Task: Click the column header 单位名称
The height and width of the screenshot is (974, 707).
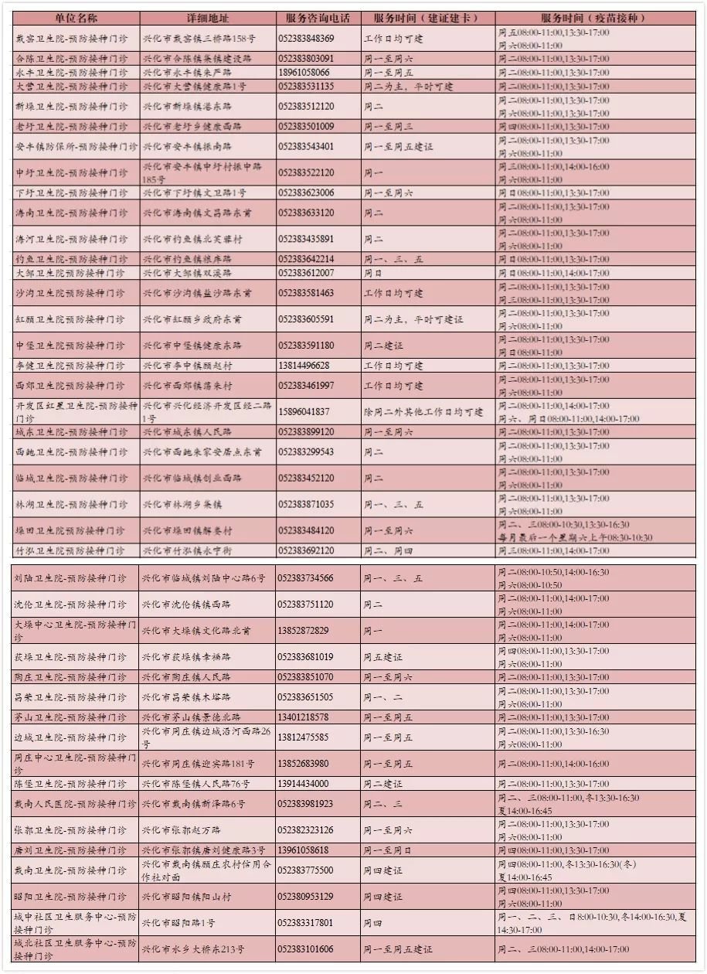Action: [x=76, y=18]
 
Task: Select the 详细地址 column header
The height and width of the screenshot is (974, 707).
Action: [x=207, y=18]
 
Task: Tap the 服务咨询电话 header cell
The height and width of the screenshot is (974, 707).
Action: [x=317, y=18]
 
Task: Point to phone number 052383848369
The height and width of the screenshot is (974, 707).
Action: [x=306, y=39]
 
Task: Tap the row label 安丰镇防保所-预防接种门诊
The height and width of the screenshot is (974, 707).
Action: [x=76, y=146]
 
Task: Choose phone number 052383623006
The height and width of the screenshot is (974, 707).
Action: [x=306, y=192]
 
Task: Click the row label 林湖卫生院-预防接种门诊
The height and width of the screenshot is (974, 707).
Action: [x=70, y=505]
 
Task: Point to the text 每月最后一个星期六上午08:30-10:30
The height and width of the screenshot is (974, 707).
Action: [x=576, y=538]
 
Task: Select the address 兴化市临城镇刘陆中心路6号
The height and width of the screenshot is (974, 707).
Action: [x=204, y=578]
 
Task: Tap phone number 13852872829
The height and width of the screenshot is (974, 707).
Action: [x=304, y=631]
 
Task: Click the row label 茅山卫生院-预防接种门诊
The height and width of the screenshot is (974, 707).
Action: [x=70, y=717]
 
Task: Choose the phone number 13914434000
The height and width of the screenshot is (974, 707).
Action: [x=304, y=784]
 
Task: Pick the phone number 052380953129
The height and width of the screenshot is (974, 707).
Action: [x=306, y=897]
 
